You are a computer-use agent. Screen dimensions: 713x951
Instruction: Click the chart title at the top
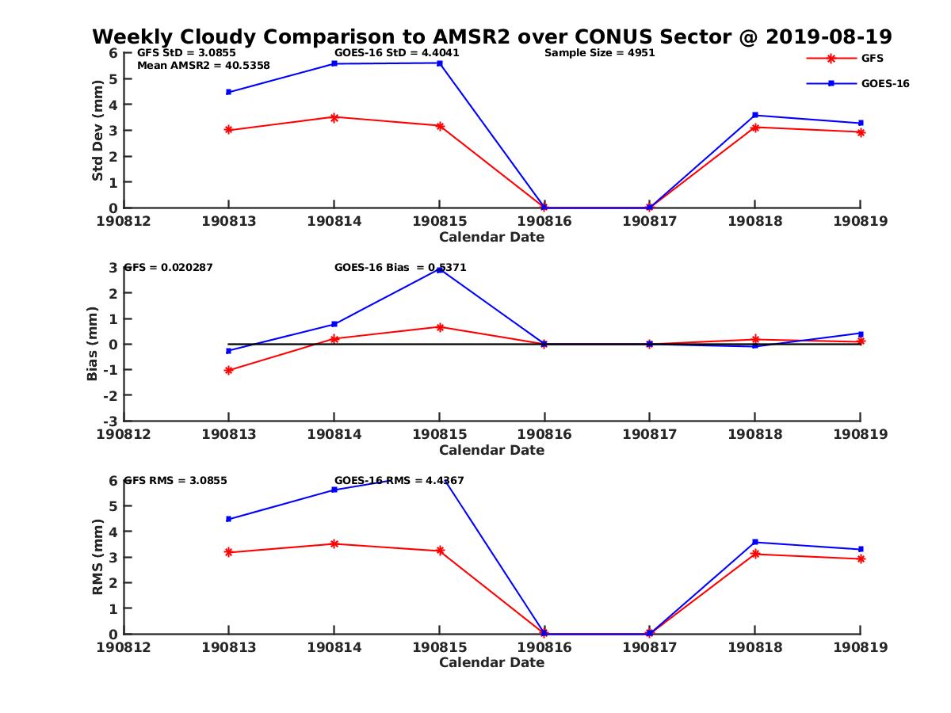[x=491, y=36]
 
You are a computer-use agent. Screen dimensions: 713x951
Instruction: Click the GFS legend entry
[x=872, y=58]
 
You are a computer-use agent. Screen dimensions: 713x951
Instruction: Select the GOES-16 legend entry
[x=884, y=83]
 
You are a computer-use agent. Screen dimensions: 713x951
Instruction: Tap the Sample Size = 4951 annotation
[x=599, y=53]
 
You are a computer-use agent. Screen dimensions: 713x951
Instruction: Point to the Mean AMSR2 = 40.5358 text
[x=203, y=66]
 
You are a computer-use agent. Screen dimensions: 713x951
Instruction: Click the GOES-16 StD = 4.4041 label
[x=396, y=53]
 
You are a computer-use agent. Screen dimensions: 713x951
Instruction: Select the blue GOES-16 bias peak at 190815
[x=439, y=270]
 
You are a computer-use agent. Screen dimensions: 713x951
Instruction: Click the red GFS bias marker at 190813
[x=228, y=370]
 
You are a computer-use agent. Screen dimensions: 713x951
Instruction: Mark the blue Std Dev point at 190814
[x=334, y=63]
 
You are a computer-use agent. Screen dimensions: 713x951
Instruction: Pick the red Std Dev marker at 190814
[x=334, y=117]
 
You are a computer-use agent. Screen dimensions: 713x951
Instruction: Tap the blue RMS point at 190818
[x=754, y=542]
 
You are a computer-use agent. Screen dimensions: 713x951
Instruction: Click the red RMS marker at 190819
[x=860, y=559]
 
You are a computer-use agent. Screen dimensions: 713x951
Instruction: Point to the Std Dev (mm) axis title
[x=97, y=130]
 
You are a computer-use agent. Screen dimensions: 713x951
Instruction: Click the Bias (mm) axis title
[x=92, y=344]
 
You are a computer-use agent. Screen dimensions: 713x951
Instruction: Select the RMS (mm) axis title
[x=97, y=557]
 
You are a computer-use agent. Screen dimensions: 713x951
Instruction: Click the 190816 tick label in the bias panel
[x=544, y=434]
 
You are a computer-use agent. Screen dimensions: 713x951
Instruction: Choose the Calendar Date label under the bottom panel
[x=491, y=662]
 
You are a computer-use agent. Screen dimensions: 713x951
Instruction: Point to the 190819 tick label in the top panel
[x=860, y=221]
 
